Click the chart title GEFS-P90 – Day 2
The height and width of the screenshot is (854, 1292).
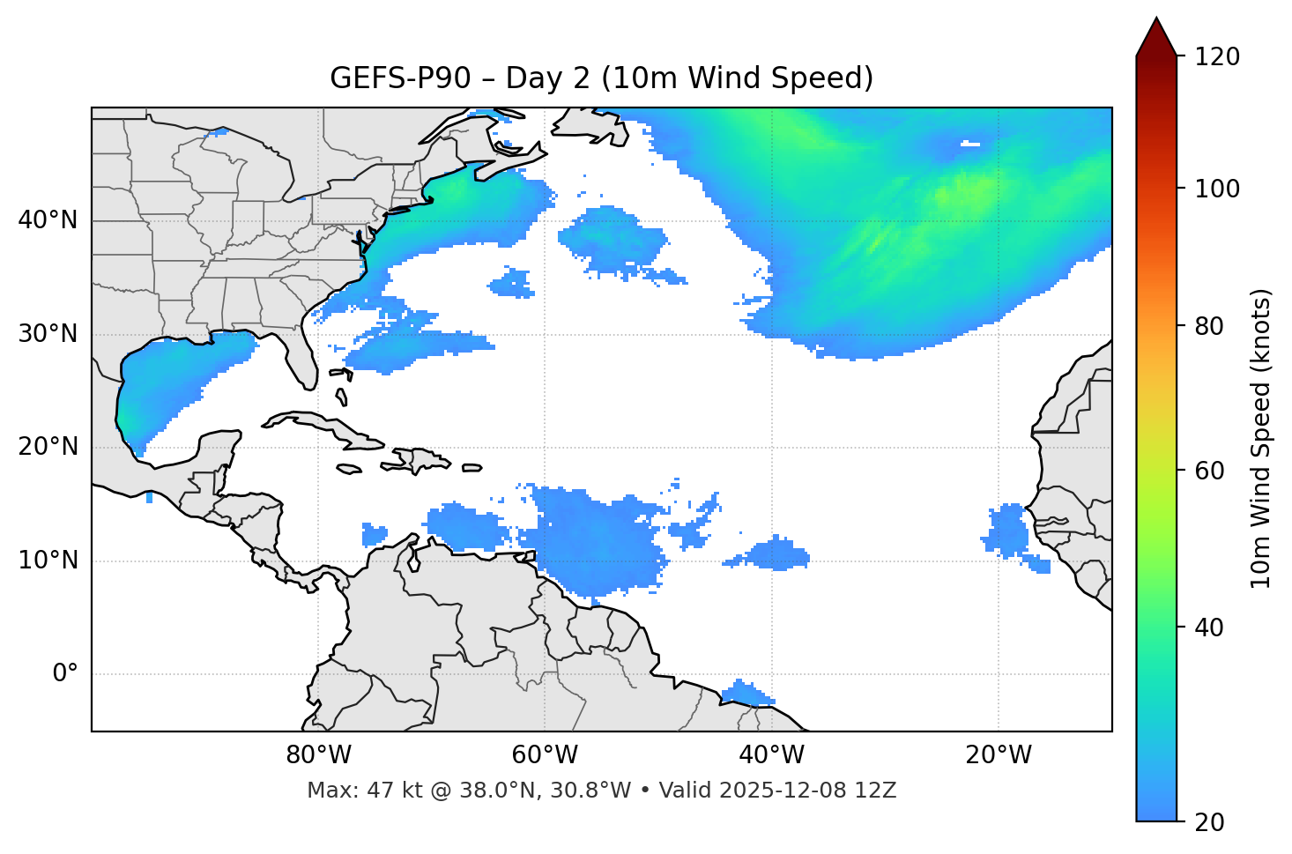(601, 78)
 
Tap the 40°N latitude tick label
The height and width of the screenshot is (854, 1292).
(48, 220)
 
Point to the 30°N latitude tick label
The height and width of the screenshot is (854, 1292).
(48, 334)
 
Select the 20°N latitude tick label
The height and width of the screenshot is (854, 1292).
(48, 447)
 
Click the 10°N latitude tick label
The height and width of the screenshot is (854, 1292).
(48, 561)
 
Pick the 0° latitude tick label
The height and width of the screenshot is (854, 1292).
(65, 674)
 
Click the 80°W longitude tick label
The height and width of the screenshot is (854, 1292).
(318, 755)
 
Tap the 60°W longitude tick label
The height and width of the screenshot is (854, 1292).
(545, 755)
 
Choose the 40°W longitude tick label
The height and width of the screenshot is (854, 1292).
(772, 755)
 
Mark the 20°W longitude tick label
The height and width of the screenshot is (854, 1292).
(999, 755)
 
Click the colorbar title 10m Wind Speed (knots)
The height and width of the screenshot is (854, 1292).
(1262, 438)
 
